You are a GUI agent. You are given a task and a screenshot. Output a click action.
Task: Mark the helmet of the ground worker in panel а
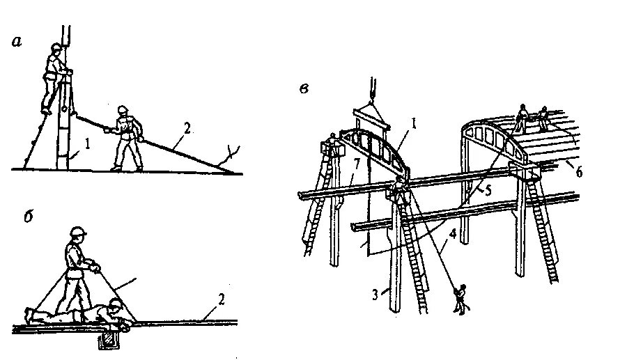123,109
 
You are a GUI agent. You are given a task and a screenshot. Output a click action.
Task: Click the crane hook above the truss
372,88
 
